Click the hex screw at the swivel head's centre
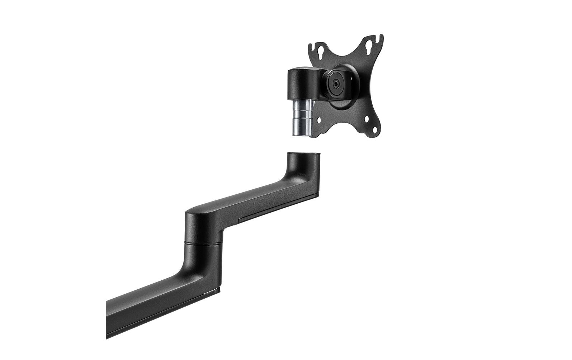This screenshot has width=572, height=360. click(335, 83)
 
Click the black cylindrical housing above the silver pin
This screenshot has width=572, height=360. click(299, 85)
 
